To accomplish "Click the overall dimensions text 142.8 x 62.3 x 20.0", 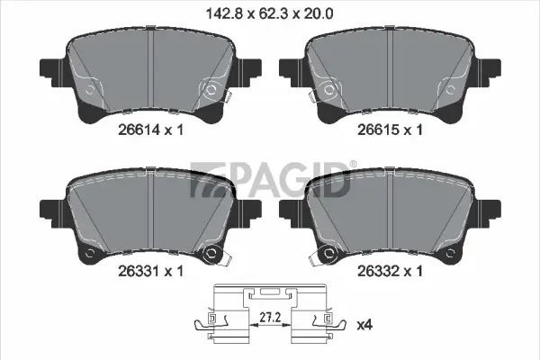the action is (269, 14).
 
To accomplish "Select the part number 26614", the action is (139, 130).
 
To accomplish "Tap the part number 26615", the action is (379, 130).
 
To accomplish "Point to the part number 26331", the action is (139, 271).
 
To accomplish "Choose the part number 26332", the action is (379, 271).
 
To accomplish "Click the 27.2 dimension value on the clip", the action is (270, 318).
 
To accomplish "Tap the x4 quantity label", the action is (364, 325).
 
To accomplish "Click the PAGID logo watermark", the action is (270, 180).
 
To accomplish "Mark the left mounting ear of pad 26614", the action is (51, 73).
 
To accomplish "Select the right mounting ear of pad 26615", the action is (489, 73).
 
